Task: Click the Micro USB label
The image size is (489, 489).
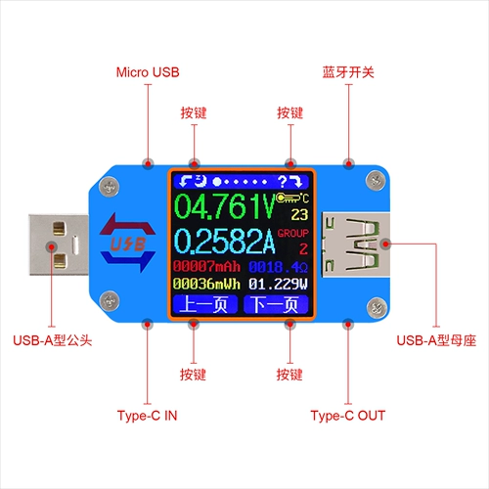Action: pos(148,72)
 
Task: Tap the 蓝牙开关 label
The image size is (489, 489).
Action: pos(348,72)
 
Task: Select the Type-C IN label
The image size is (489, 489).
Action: pos(147,416)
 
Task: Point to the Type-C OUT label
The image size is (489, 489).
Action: pos(348,416)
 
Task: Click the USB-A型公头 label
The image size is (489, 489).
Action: pos(53,340)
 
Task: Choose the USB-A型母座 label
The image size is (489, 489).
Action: pos(436,340)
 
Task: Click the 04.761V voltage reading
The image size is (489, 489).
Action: pos(225,206)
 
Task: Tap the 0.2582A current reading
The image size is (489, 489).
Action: pos(225,242)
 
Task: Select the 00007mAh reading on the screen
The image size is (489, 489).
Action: pos(206,266)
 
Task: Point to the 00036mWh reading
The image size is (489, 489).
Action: pos(206,284)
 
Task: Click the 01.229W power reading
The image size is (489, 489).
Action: pos(278,284)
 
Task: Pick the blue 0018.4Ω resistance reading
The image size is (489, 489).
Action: pos(278,267)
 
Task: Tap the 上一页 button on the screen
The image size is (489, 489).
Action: pos(205,304)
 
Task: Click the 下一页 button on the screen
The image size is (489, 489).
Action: pos(276,304)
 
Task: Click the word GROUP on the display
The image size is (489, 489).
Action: pos(292,233)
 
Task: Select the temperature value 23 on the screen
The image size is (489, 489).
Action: pos(299,214)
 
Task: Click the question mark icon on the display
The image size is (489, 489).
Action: pos(283,181)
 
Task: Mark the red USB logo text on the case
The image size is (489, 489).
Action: pos(128,244)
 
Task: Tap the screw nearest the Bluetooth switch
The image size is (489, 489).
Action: pos(376,181)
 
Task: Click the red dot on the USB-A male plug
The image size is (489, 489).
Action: pos(52,246)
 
